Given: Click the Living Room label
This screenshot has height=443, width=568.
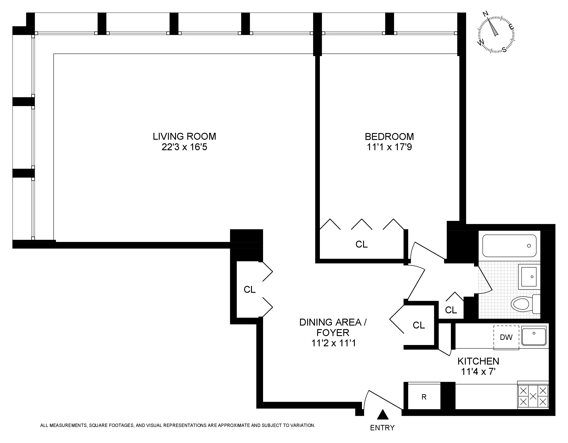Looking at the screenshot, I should point(184,136).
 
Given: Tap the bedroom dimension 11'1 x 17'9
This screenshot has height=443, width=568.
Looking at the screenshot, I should point(389,147).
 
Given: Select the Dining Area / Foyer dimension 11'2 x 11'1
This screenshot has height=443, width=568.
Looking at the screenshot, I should point(333,343).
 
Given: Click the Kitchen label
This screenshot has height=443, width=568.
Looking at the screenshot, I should point(478,361).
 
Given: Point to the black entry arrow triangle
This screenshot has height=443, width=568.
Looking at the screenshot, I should point(383,415).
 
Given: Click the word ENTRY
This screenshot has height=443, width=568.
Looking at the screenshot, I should point(382,428).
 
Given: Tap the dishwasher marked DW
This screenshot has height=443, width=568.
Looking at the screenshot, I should point(506,337).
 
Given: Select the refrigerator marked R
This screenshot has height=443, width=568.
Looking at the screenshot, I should point(424,397).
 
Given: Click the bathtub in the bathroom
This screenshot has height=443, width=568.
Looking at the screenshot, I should point(509,246).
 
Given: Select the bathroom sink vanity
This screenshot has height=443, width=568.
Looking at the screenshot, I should point(529,277).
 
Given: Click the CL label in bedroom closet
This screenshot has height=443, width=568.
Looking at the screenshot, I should point(362,244).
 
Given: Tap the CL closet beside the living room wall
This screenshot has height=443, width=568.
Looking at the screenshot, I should point(249,289).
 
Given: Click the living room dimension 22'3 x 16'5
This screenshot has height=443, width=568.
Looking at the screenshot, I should point(184,147).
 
